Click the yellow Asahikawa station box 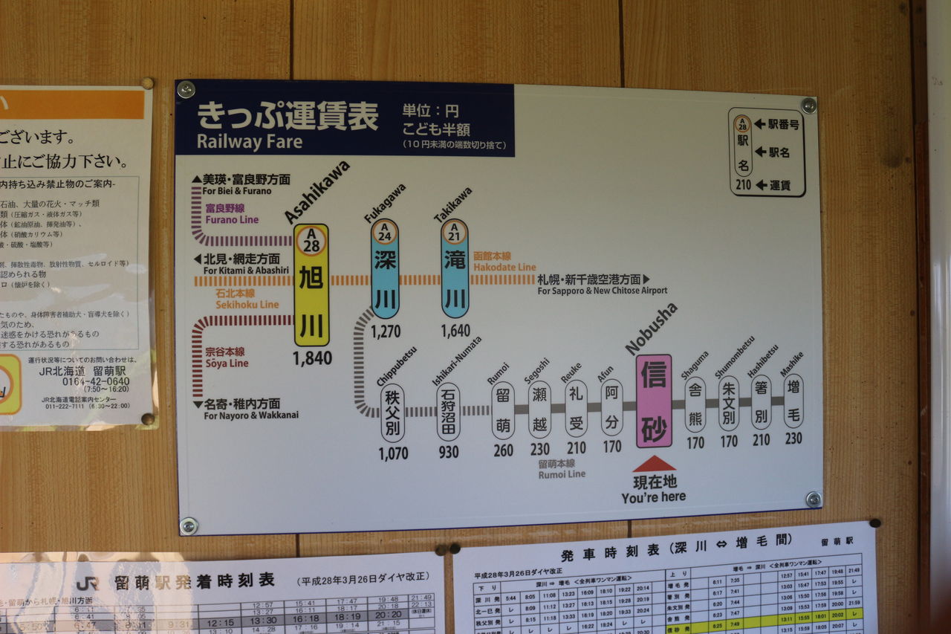(x=311, y=285)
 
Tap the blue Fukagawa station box (x=385, y=269)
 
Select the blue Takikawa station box (x=455, y=269)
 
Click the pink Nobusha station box (x=654, y=401)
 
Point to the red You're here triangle (x=654, y=465)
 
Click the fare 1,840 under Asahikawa (x=312, y=358)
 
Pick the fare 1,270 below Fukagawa (x=386, y=331)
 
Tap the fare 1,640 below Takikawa (x=455, y=331)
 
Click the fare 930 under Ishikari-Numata (x=448, y=452)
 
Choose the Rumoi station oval (x=503, y=410)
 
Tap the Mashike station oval (x=793, y=401)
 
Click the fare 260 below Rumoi (x=503, y=450)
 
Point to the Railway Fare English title (x=250, y=141)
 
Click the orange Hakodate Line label (x=504, y=267)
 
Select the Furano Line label (x=232, y=219)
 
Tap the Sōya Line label (x=227, y=363)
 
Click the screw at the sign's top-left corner (x=186, y=90)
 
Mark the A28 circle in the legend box (x=743, y=124)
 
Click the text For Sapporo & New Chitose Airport (x=602, y=291)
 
